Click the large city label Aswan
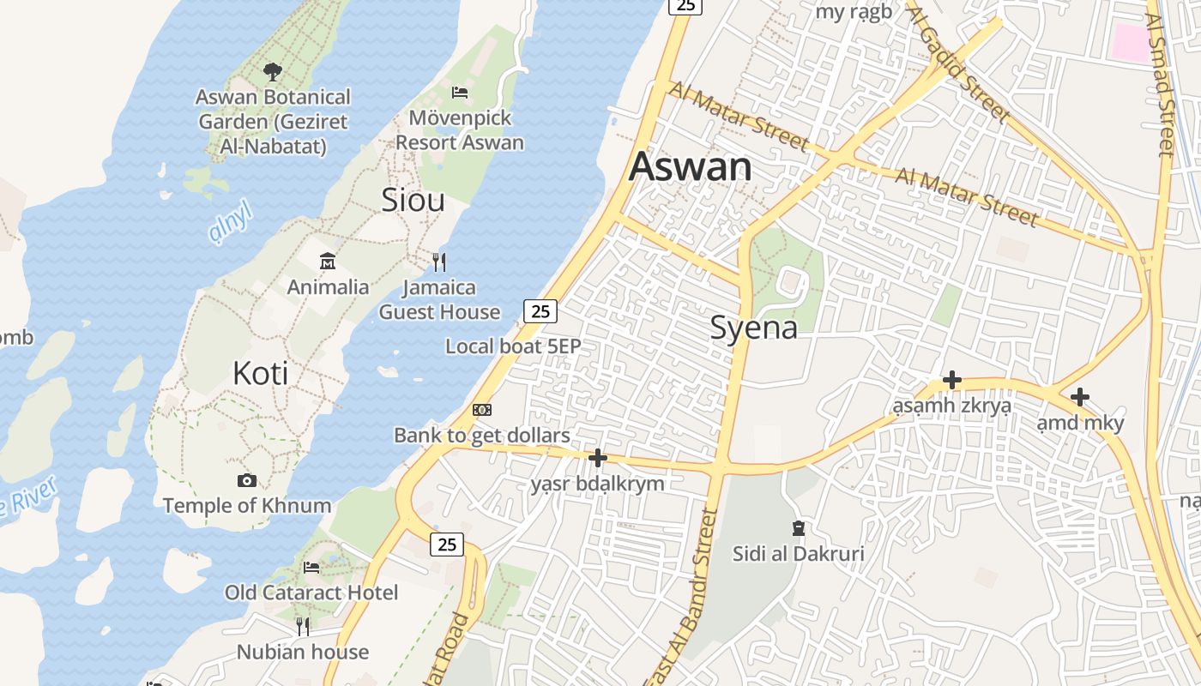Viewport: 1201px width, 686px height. [x=691, y=167]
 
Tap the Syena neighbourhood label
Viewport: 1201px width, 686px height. [x=754, y=328]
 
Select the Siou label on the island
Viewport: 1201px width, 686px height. [x=413, y=200]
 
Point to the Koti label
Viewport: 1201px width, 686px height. [x=260, y=373]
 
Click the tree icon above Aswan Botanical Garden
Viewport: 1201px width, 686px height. [x=273, y=71]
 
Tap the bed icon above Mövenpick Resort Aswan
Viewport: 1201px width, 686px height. [x=460, y=92]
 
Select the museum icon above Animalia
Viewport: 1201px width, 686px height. [x=328, y=261]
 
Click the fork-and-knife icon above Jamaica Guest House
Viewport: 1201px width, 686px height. [x=439, y=261]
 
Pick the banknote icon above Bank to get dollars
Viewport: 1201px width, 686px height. [x=482, y=410]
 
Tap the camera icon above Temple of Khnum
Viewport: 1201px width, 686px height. [x=247, y=480]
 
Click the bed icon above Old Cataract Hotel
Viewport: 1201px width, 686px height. [x=311, y=567]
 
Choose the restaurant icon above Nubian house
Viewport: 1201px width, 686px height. [x=302, y=627]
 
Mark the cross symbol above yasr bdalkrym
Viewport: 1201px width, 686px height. [x=598, y=458]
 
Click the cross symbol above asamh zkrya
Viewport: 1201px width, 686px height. [x=951, y=379]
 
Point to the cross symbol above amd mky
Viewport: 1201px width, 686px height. [x=1080, y=396]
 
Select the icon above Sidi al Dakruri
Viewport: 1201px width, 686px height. [x=799, y=527]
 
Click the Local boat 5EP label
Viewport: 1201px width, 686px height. [x=513, y=346]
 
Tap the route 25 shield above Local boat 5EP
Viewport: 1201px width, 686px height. [x=540, y=310]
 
